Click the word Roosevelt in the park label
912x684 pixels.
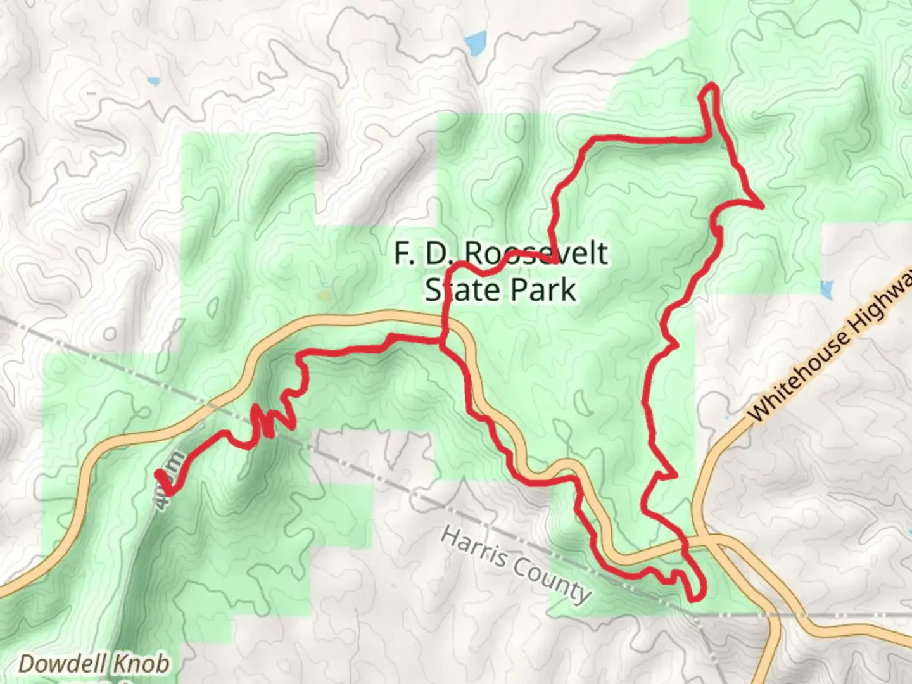tap(536, 253)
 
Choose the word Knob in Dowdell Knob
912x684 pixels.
tap(142, 664)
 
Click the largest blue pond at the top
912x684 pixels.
tap(475, 43)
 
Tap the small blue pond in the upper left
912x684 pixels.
tap(153, 81)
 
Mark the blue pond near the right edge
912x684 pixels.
tap(826, 289)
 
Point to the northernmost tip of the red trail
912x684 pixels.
tap(712, 85)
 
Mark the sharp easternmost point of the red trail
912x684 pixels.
tap(761, 205)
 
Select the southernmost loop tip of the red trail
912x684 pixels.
tap(694, 597)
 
